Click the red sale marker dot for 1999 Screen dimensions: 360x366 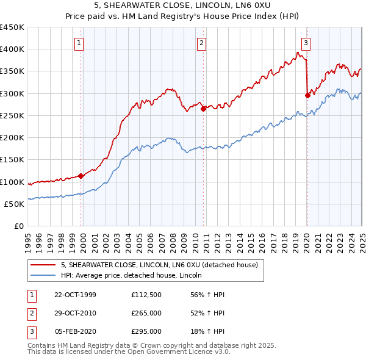click(81, 176)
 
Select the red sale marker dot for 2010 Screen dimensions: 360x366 click(203, 109)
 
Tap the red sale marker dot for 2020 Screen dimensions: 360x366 click(307, 95)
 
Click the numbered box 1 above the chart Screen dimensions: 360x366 click(80, 43)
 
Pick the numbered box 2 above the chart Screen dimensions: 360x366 click(201, 43)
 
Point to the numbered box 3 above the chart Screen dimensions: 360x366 click(306, 43)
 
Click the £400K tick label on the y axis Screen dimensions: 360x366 click(12, 49)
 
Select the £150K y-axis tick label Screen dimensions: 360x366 click(12, 160)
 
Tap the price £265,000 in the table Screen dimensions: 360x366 click(146, 313)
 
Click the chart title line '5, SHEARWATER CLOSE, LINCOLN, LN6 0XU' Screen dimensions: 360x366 click(183, 5)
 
